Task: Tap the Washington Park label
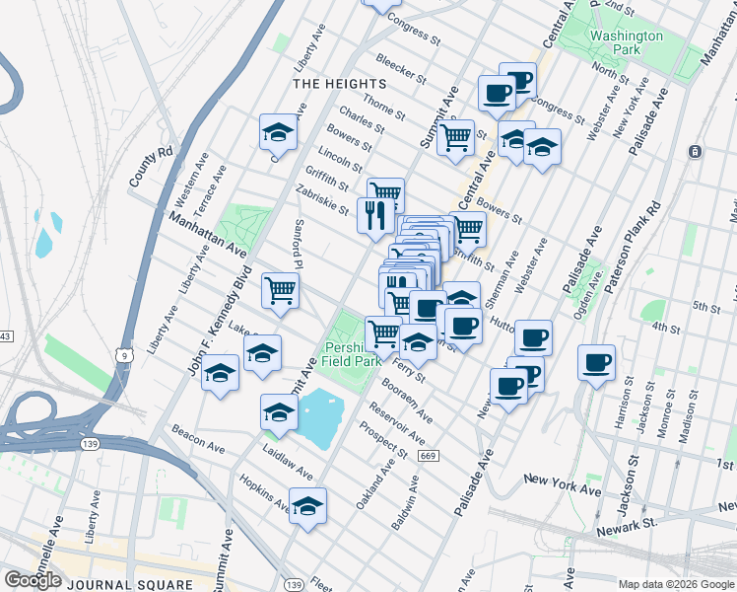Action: (x=627, y=42)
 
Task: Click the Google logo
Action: (x=33, y=580)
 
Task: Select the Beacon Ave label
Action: (x=198, y=441)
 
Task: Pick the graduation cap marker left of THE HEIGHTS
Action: (x=279, y=132)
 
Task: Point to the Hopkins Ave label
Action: (x=264, y=494)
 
